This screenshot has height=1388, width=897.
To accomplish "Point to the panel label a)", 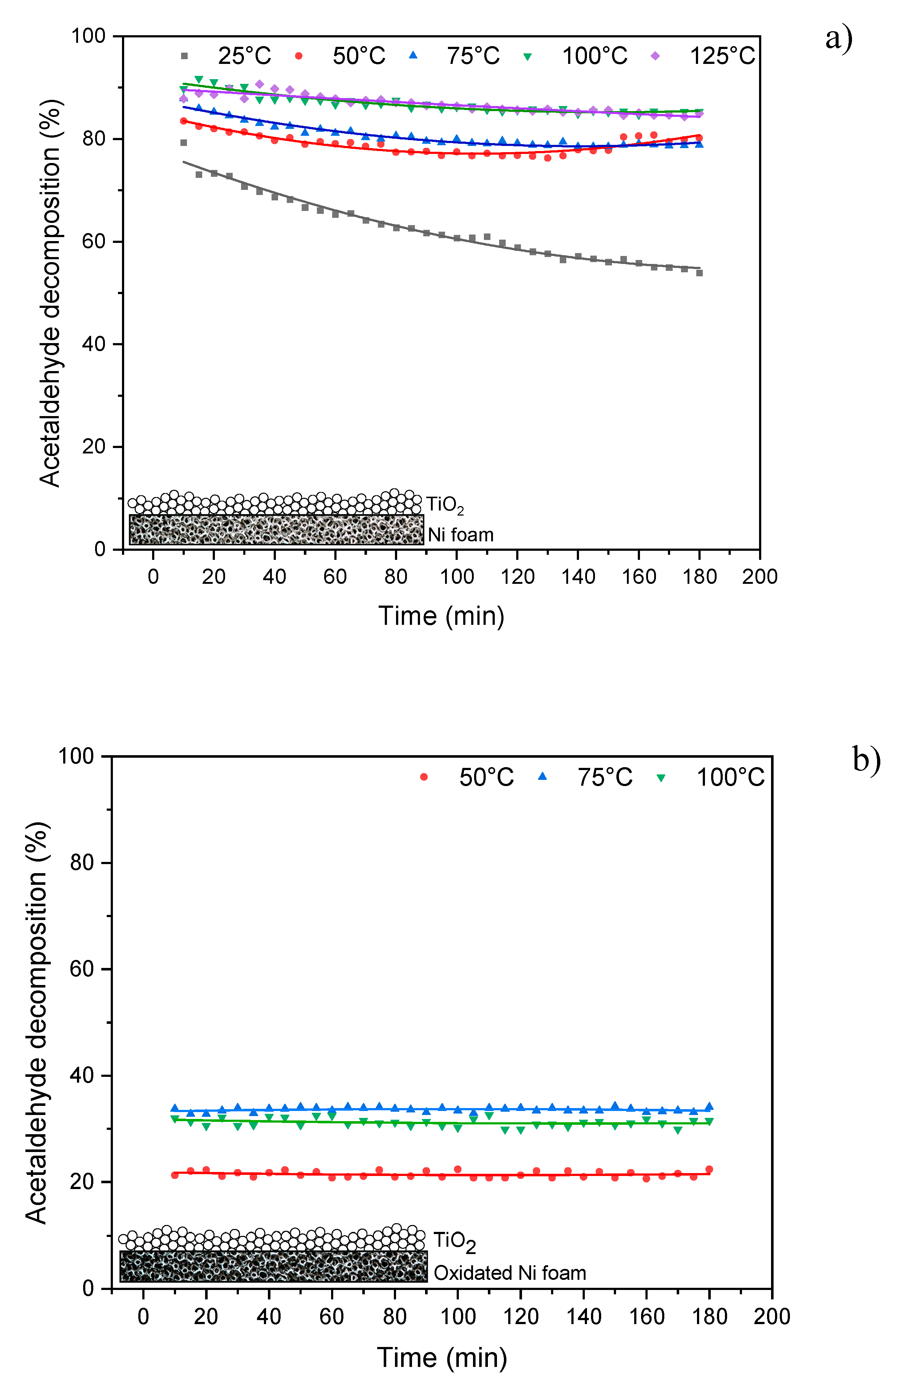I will [x=839, y=38].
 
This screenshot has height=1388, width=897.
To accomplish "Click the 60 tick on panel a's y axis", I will [x=93, y=242].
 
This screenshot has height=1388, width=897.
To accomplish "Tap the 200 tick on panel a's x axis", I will [x=759, y=577].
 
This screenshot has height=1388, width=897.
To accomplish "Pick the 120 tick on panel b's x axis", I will [x=520, y=1317].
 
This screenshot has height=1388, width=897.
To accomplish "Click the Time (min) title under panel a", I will [x=441, y=616].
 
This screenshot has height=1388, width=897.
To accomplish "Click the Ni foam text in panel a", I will [x=461, y=535].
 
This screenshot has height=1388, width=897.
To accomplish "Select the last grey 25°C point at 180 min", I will [x=700, y=273].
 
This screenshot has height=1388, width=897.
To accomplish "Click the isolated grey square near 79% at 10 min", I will [x=183, y=143].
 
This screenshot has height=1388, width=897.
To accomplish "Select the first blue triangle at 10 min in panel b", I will [x=174, y=1108].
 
